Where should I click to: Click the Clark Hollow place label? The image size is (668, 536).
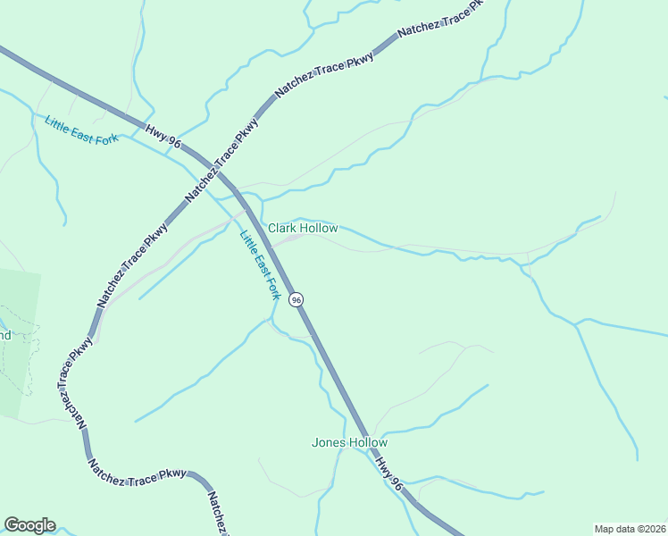click(x=304, y=229)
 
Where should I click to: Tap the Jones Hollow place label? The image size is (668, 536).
click(x=349, y=442)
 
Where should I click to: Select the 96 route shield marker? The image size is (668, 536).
click(x=296, y=299)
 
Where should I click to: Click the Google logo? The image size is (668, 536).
click(x=29, y=525)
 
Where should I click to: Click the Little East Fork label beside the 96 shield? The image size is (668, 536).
click(x=260, y=264)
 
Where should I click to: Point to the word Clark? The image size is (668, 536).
click(x=282, y=229)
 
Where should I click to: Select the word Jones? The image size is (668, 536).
click(x=327, y=442)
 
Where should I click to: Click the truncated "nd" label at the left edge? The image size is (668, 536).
click(x=4, y=336)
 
